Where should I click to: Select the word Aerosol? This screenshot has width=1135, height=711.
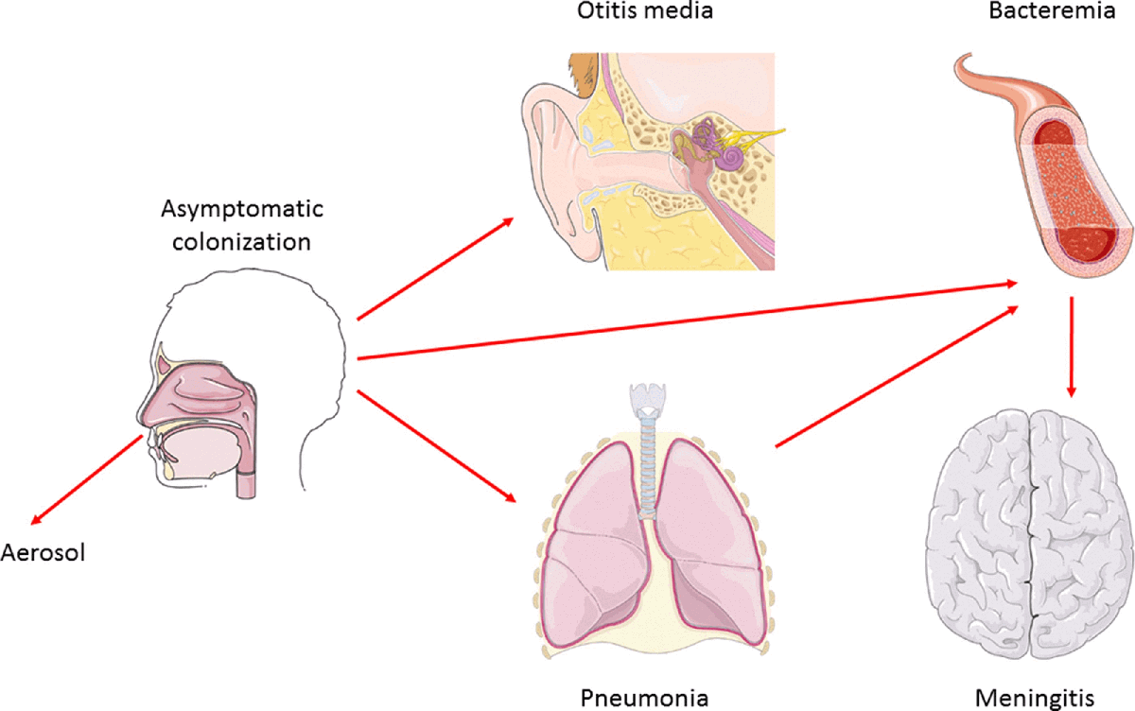[44, 552]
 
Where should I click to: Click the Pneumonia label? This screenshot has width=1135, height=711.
[643, 698]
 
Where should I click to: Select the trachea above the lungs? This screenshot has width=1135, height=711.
[648, 463]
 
